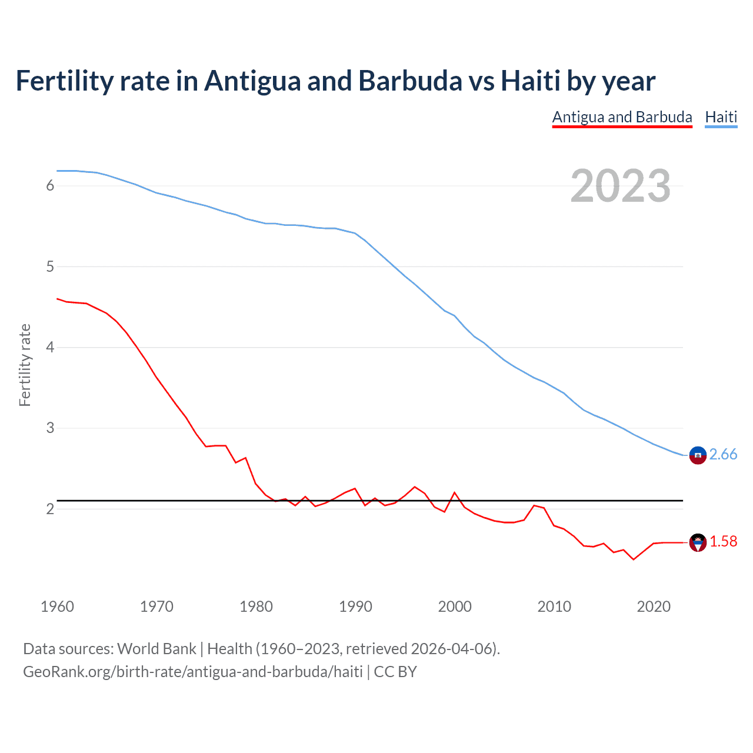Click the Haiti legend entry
point(721,117)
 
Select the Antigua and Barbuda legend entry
point(622,117)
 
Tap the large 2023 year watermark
point(621,186)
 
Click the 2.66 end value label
point(723,455)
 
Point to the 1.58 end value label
point(723,542)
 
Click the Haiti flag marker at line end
point(698,455)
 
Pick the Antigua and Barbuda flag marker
point(698,542)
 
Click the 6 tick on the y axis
point(50,186)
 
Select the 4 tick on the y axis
point(50,347)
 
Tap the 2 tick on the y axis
point(50,509)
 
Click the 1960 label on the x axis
point(57,607)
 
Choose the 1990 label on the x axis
point(355,607)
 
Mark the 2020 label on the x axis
point(654,607)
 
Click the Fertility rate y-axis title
point(25,365)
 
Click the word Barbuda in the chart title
point(410,81)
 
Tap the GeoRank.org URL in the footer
point(192,672)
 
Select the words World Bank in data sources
point(156,649)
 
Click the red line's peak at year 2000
point(455,492)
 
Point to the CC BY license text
point(395,672)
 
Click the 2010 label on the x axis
point(554,607)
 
